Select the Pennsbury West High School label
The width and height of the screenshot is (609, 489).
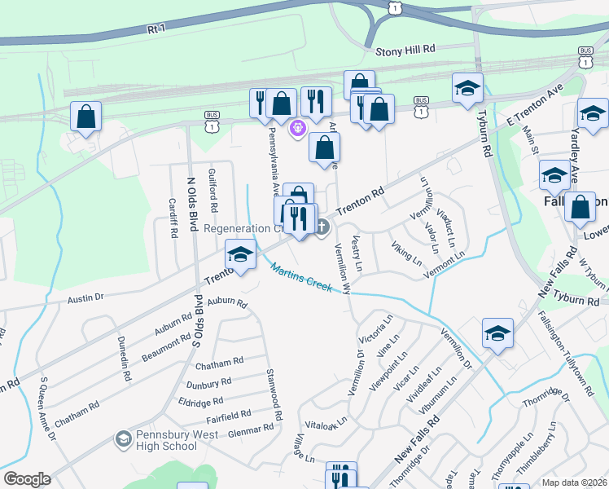coord(166,440)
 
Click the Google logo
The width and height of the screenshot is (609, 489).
coord(27,479)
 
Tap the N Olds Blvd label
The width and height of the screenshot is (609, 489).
coord(192,204)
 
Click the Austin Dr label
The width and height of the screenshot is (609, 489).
coord(85,299)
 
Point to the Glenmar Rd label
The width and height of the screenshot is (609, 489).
coord(251,429)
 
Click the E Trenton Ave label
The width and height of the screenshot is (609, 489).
coord(534,106)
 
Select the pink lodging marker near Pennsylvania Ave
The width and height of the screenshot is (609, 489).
coord(297,127)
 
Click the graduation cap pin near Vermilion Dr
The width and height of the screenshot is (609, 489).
coord(497,333)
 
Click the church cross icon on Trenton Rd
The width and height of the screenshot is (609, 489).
coord(322,227)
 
